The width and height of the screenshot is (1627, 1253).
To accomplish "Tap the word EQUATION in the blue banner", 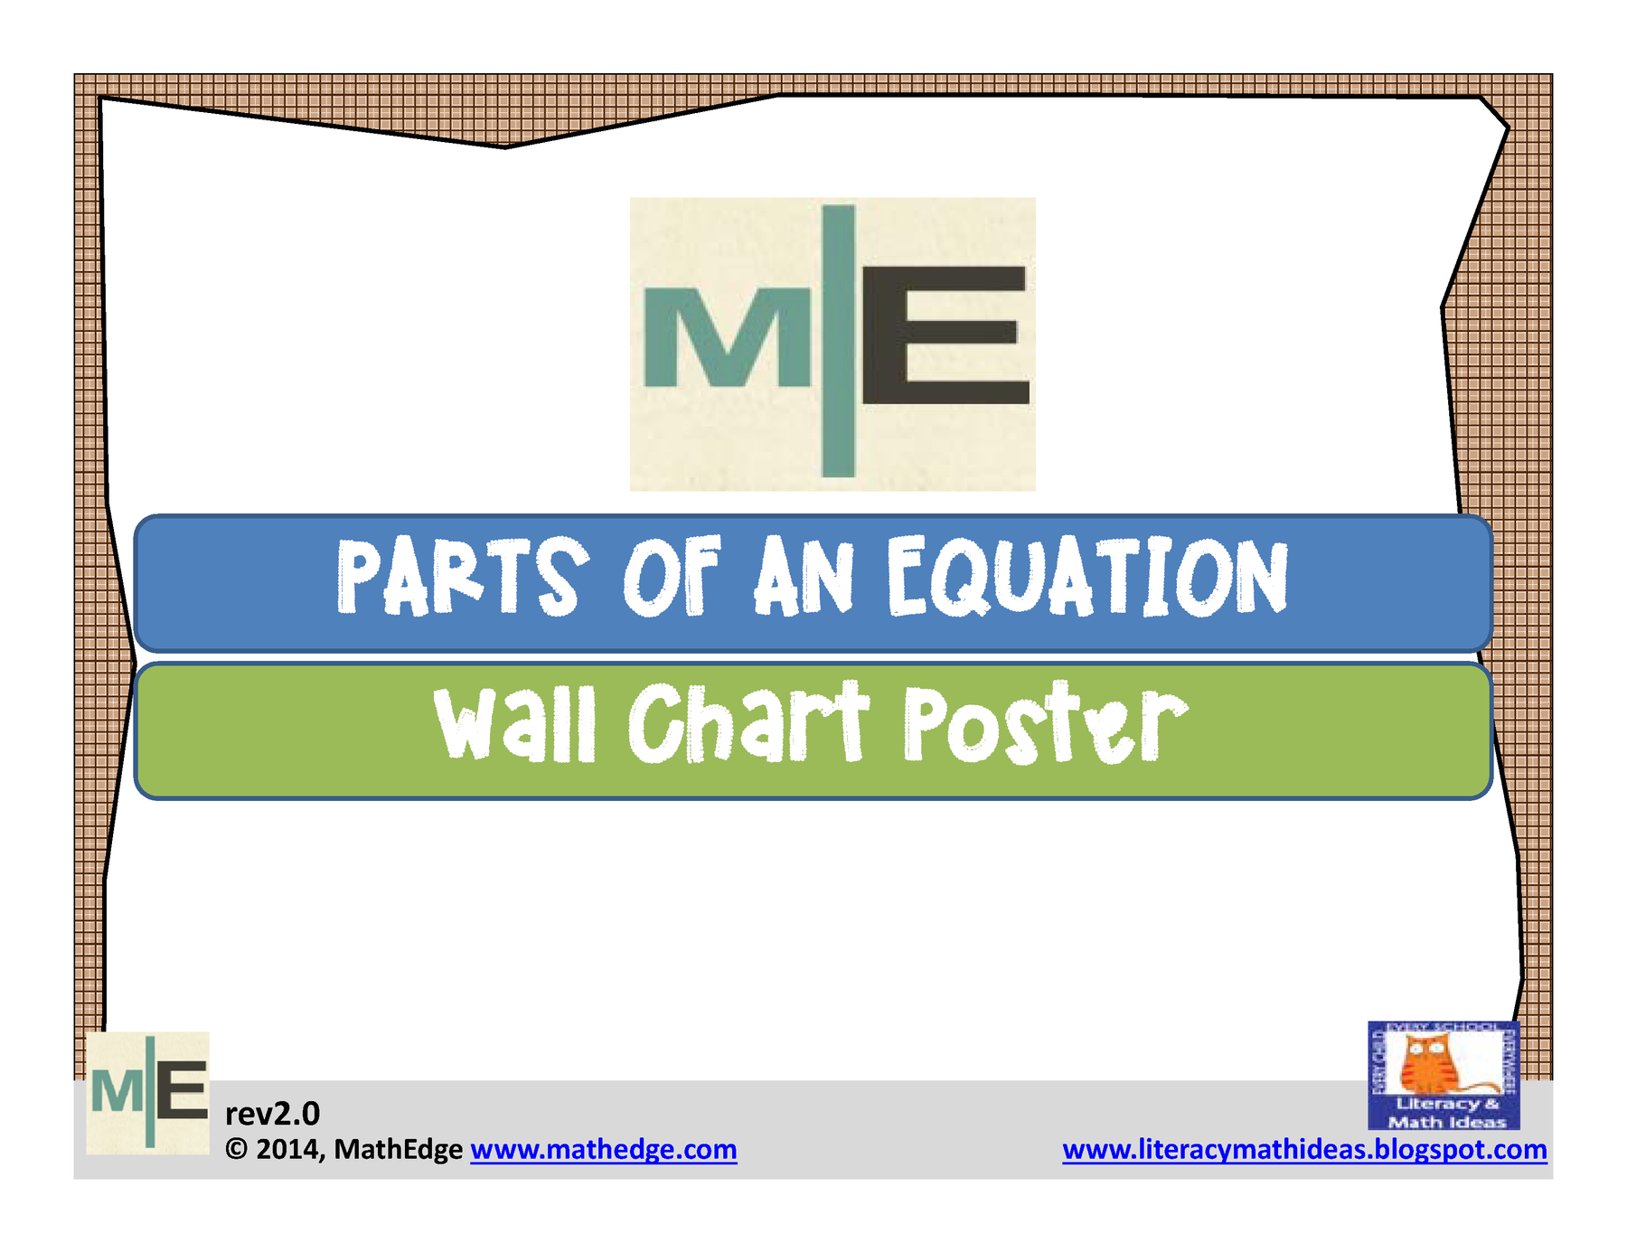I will click(1086, 577).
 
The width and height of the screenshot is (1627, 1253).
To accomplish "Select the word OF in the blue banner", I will click(672, 577).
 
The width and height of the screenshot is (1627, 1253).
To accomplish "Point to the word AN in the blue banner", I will click(804, 577).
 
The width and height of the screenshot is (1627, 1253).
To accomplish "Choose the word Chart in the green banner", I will click(748, 724).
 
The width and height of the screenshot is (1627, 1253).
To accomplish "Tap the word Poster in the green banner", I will click(1045, 724).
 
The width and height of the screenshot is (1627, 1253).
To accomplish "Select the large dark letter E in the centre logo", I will click(945, 335).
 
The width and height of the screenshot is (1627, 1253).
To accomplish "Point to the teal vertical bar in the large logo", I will click(838, 341).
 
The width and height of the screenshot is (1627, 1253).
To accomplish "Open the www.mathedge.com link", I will click(603, 1149).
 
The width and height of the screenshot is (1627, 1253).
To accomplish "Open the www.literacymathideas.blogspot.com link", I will click(1304, 1149).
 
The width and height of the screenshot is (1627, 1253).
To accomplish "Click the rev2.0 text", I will click(272, 1113).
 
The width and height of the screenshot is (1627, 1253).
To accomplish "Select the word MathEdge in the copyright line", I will click(398, 1149).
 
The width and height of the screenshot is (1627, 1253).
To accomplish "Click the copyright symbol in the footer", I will click(236, 1149).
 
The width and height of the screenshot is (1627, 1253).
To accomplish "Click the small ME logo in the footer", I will click(148, 1092).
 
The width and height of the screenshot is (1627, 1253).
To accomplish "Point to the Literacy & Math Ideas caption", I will click(1446, 1113).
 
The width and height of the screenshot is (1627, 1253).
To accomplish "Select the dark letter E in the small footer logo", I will click(182, 1090).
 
